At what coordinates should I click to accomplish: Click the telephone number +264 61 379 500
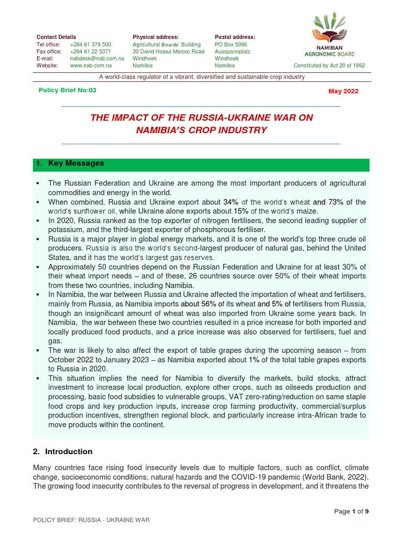pos(90,45)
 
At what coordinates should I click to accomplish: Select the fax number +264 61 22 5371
pos(90,52)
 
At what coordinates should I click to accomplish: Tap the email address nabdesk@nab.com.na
pos(97,59)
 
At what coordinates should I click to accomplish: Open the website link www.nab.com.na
pos(91,67)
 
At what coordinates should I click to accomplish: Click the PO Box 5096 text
pos(231,45)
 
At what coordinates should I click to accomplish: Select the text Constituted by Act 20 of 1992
pos(330,66)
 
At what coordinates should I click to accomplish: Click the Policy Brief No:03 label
pos(68,90)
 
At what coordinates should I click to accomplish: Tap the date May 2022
pos(343,91)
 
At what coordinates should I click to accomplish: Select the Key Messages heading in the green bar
pos(76,164)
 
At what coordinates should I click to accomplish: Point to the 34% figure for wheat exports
pos(231,202)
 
